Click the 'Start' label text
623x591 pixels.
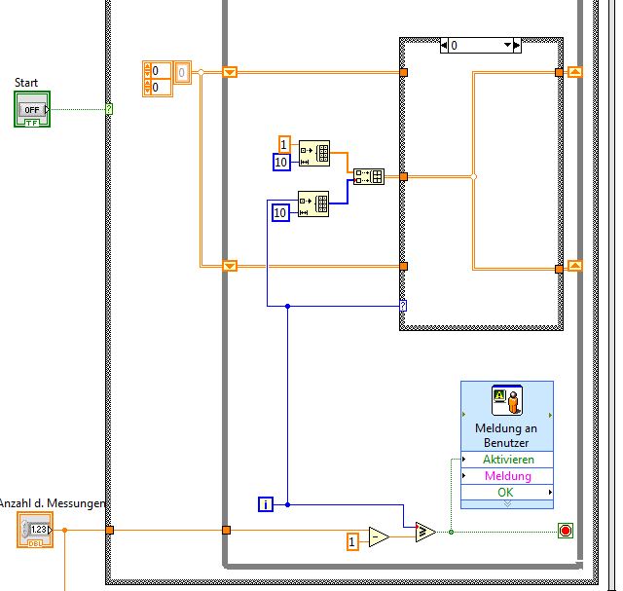pos(26,83)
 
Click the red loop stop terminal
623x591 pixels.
pos(565,531)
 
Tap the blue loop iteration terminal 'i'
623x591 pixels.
pos(266,503)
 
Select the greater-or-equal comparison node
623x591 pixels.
pos(424,532)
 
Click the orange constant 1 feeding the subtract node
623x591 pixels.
pos(354,540)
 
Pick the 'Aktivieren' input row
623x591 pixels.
pos(507,460)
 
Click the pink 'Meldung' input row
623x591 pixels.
pos(507,476)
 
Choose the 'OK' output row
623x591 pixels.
pos(507,492)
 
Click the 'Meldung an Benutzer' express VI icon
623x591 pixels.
pos(506,400)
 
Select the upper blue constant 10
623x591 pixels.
pos(280,162)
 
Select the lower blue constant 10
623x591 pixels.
pos(280,212)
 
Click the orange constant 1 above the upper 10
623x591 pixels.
pos(284,143)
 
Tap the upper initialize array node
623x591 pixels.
pos(313,154)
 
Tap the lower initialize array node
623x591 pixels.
pos(313,204)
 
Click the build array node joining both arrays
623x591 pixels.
pos(369,176)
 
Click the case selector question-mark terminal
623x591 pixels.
pos(403,306)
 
